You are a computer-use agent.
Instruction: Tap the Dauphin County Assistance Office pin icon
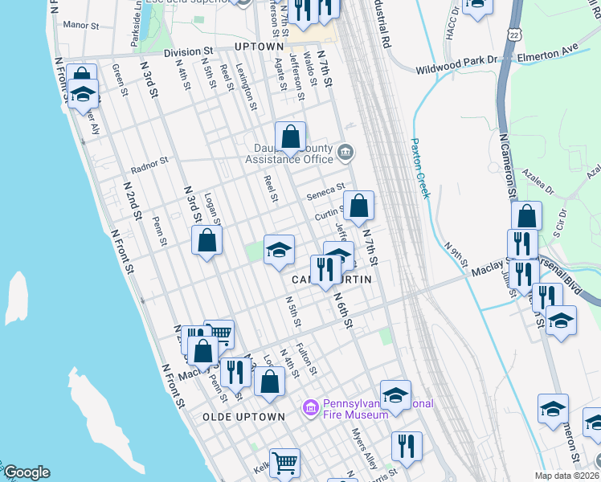(345, 151)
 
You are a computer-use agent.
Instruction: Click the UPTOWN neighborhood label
(259, 47)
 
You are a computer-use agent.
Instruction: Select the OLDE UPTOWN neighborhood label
(243, 417)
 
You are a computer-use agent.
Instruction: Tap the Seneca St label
(325, 195)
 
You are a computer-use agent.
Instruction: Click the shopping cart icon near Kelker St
(284, 463)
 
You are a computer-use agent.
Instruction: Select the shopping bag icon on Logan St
(206, 240)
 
